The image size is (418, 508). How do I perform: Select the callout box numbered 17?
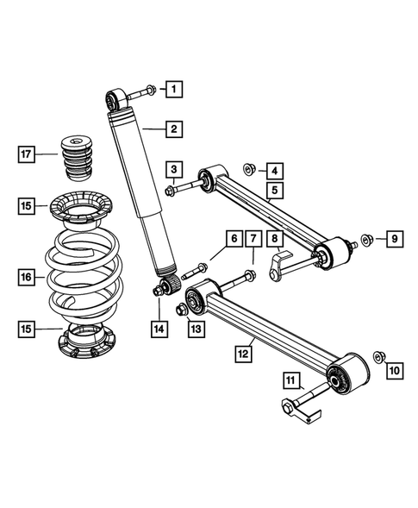coord(28,155)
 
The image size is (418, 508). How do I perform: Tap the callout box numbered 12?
coord(244,352)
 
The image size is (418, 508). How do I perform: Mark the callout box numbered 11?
coord(291,379)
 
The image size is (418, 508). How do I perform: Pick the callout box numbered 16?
coord(28,277)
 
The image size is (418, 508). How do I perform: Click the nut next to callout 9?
coord(365,238)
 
